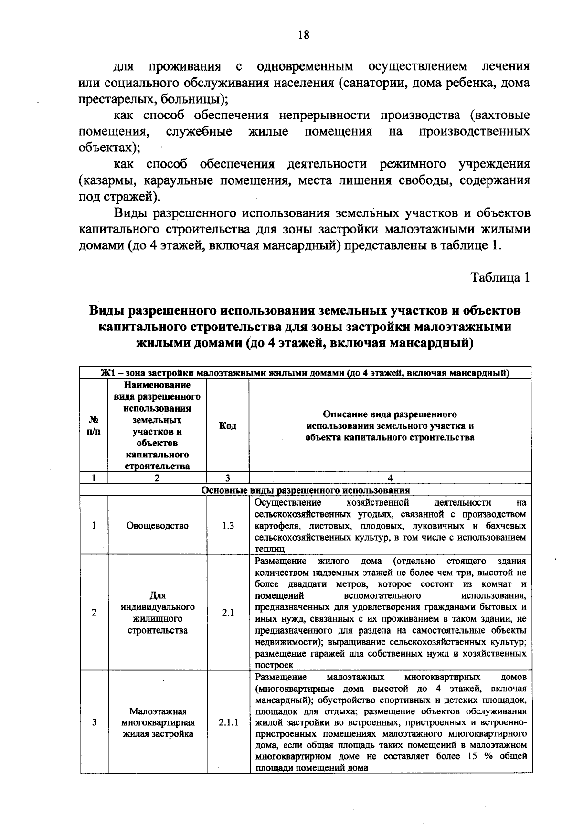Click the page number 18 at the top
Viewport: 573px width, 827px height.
[x=304, y=35]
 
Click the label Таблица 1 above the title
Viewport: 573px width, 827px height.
[x=500, y=277]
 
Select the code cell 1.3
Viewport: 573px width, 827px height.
[x=228, y=526]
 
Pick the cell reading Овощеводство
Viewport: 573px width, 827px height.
[x=157, y=526]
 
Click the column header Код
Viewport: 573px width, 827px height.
[x=228, y=425]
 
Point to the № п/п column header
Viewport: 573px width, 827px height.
[x=94, y=425]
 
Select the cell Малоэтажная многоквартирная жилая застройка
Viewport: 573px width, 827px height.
[x=158, y=723]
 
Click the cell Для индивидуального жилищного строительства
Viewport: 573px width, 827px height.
[x=158, y=613]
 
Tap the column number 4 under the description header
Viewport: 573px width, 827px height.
[x=390, y=478]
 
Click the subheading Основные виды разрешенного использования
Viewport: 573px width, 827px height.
[x=306, y=490]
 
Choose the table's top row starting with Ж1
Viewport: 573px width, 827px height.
[x=306, y=373]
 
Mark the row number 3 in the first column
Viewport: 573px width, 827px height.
[x=94, y=723]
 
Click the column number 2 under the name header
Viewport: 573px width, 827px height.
[x=157, y=478]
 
